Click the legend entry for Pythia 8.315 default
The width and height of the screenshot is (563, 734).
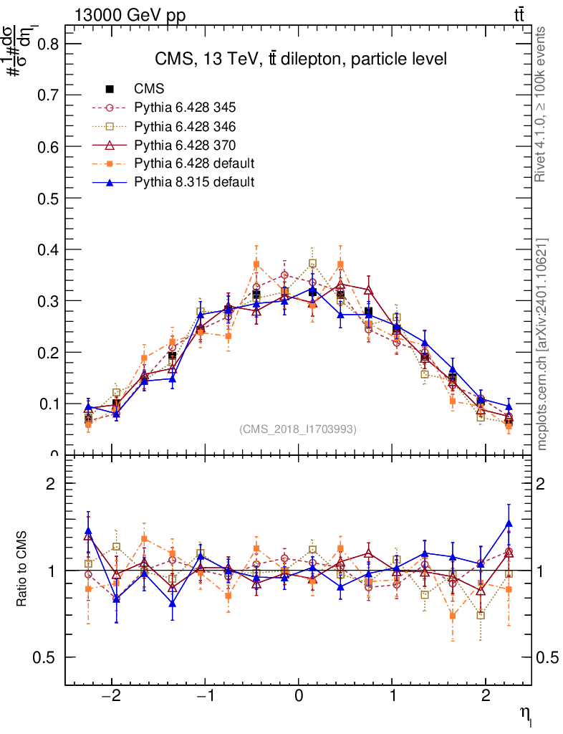193,182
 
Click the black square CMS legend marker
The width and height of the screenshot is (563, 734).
110,89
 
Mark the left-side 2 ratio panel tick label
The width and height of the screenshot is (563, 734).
50,483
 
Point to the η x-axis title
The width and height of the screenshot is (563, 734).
525,712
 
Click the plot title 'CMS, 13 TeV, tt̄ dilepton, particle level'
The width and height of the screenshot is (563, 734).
301,59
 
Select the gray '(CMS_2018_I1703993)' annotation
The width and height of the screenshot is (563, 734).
298,429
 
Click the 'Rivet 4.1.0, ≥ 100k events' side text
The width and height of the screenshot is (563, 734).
542,104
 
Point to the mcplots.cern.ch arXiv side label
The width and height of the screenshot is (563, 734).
542,344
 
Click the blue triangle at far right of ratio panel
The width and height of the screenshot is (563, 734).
509,524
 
